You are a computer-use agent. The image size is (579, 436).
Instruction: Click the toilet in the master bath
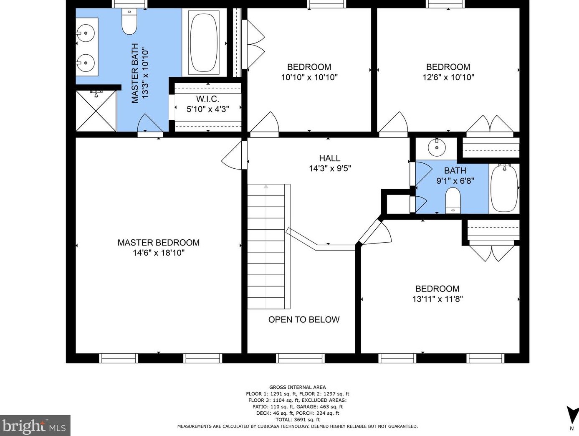tap(129, 22)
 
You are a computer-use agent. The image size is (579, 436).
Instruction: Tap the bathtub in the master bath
tap(204, 42)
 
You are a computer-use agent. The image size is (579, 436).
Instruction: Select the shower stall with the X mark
tap(96, 111)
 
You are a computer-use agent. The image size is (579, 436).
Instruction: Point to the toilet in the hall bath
tap(453, 200)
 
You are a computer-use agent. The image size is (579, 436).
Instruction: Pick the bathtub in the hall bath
tap(504, 188)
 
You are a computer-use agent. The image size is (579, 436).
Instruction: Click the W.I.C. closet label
tap(207, 99)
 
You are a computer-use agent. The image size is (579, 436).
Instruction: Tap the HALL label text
tap(330, 158)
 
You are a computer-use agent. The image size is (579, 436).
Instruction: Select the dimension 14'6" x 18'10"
tap(159, 253)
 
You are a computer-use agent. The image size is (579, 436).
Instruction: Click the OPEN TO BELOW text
tap(304, 319)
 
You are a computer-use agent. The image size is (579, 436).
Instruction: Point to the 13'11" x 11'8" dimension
tap(437, 299)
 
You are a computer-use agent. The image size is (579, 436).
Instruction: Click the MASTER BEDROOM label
tap(159, 243)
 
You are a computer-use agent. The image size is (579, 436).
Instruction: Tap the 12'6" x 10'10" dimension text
tap(448, 77)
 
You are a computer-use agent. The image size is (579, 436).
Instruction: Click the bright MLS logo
tap(35, 425)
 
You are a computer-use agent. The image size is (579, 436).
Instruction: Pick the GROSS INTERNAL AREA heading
tap(298, 387)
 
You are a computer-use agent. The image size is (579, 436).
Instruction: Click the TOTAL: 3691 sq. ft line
tap(298, 419)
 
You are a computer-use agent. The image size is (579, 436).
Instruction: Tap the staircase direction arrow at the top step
tap(266, 186)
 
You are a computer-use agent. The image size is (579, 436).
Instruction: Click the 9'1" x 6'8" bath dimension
tap(455, 181)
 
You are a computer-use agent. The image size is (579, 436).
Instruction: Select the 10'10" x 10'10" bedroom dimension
tap(309, 77)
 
